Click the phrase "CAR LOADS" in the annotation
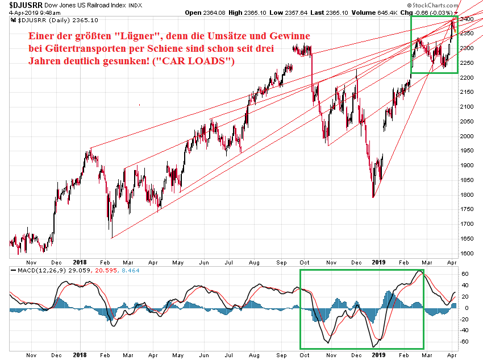pyautogui.click(x=199, y=60)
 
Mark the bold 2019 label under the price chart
pyautogui.click(x=378, y=262)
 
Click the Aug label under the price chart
pyautogui.click(x=253, y=262)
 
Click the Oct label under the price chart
pyautogui.click(x=304, y=262)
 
